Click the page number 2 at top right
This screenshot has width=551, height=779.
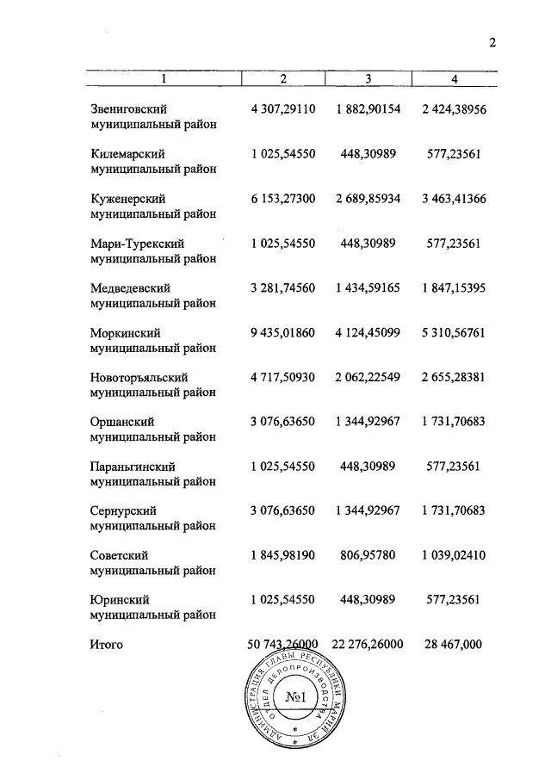[493, 46]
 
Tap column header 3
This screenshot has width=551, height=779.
[368, 79]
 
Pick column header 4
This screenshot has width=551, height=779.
[455, 79]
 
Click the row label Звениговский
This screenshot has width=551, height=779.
[128, 109]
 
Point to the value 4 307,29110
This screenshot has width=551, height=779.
[283, 109]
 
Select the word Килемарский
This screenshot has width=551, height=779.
[127, 154]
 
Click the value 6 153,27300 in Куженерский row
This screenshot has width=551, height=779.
[283, 199]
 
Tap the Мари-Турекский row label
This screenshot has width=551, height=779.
[137, 244]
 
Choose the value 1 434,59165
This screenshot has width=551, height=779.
[368, 287]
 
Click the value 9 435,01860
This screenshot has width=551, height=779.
[283, 332]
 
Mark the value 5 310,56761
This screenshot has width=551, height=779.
[454, 332]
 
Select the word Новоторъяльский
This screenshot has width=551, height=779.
[139, 377]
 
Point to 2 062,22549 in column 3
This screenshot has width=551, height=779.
[368, 377]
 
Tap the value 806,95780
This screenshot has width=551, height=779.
[368, 555]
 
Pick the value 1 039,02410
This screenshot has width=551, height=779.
[454, 555]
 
